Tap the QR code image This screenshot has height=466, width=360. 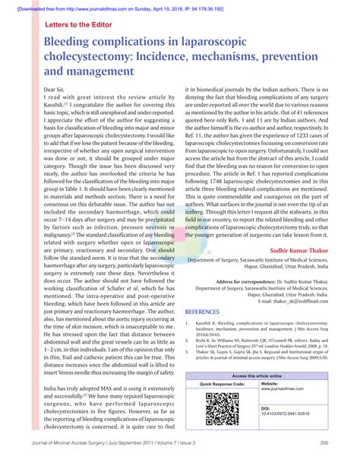(222, 409)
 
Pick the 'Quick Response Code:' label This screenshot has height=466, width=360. (223, 385)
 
